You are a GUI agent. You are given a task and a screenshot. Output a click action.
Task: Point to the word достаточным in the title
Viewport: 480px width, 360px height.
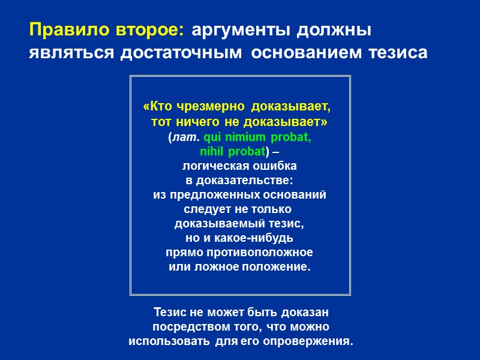182,53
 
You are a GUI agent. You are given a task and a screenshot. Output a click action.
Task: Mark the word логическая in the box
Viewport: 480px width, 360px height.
212,166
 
